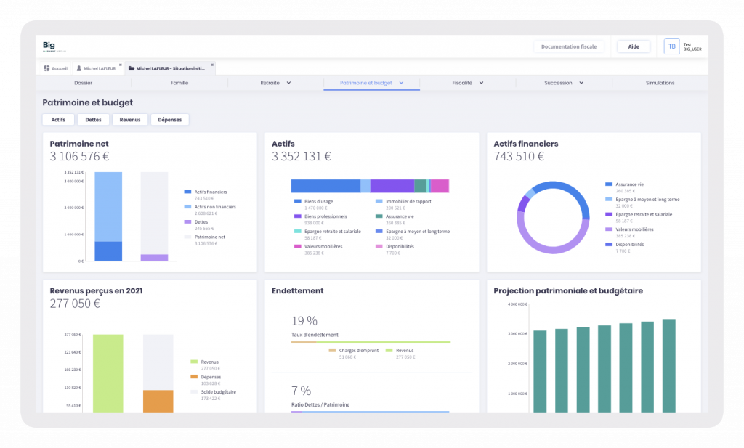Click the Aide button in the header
(x=634, y=46)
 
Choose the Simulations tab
(x=660, y=83)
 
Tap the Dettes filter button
(x=93, y=119)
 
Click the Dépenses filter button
(x=169, y=119)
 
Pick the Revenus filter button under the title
(x=130, y=119)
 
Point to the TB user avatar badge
(x=671, y=46)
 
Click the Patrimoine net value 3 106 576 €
(x=79, y=156)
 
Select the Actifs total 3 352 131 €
(x=301, y=156)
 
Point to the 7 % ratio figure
(x=301, y=391)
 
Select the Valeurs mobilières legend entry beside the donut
(x=633, y=229)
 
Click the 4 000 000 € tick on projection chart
(x=517, y=304)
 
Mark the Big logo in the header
(x=49, y=46)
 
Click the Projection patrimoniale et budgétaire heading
(x=567, y=290)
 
